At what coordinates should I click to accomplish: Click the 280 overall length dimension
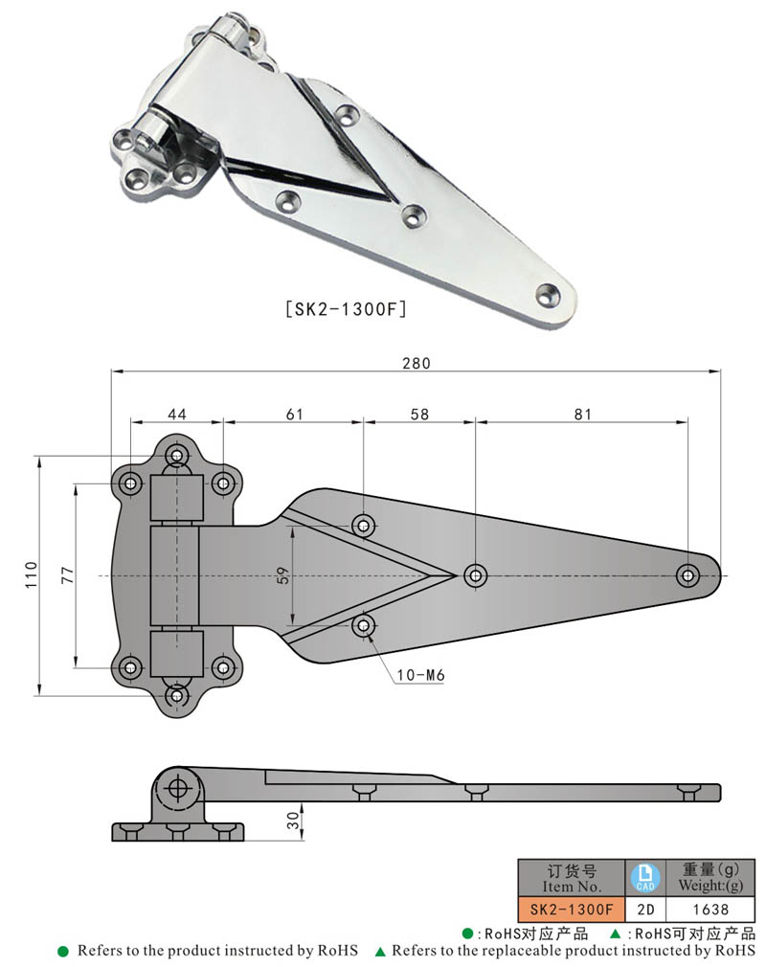pyautogui.click(x=416, y=363)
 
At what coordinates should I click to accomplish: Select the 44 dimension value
pyautogui.click(x=177, y=415)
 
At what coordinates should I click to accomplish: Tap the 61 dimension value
pyautogui.click(x=293, y=415)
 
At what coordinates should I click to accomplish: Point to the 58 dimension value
pyautogui.click(x=418, y=415)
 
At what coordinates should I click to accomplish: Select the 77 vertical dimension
pyautogui.click(x=66, y=574)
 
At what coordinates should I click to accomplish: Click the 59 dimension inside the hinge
pyautogui.click(x=283, y=575)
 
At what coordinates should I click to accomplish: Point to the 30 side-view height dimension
pyautogui.click(x=293, y=820)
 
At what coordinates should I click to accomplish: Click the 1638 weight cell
pyautogui.click(x=708, y=909)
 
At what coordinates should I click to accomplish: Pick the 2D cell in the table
pyautogui.click(x=645, y=909)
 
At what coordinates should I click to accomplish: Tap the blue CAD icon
pyautogui.click(x=645, y=876)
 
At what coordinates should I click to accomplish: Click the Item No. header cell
pyautogui.click(x=571, y=877)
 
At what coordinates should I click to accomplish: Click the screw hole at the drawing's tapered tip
pyautogui.click(x=687, y=575)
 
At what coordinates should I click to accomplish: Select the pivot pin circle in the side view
pyautogui.click(x=176, y=787)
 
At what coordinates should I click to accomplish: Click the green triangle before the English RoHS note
pyautogui.click(x=380, y=952)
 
